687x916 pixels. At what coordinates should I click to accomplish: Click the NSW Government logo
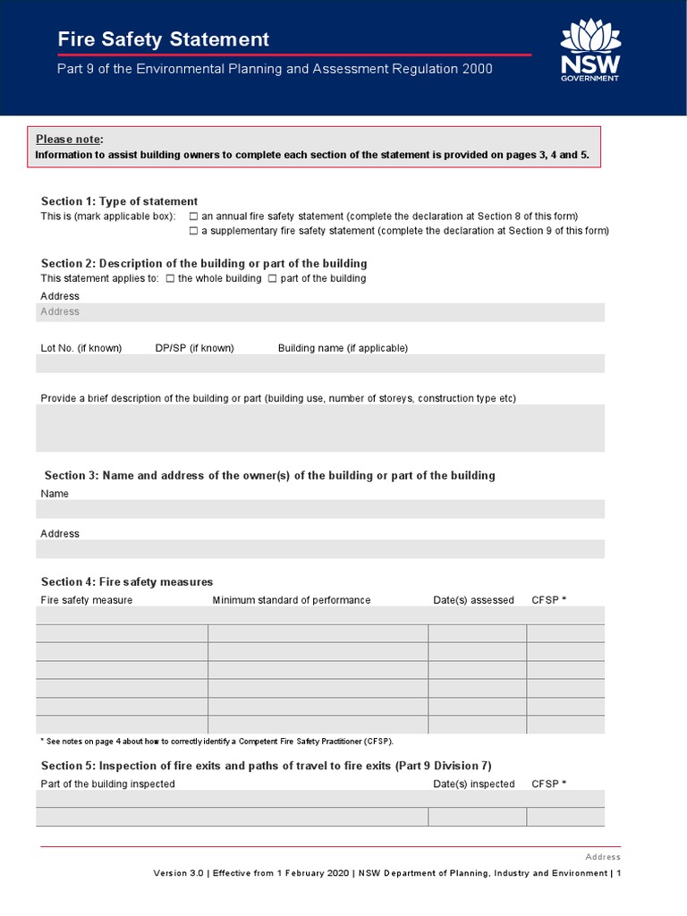click(589, 51)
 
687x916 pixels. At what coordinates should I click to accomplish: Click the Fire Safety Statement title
click(163, 39)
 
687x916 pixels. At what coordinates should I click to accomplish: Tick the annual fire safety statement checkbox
click(194, 216)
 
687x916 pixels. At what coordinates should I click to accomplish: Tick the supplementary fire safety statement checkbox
click(194, 231)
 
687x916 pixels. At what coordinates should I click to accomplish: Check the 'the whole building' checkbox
click(171, 278)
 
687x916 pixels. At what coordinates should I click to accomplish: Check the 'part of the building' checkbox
click(273, 278)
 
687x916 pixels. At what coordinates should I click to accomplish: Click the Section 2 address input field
click(320, 312)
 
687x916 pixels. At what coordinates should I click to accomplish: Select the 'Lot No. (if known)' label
click(81, 348)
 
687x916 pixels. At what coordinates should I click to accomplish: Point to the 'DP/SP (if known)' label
click(194, 348)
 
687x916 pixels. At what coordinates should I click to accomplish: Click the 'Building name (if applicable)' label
click(343, 348)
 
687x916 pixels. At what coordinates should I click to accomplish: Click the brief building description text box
click(320, 428)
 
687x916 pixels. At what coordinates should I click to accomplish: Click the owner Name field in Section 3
click(320, 509)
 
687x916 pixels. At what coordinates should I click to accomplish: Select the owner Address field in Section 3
click(320, 548)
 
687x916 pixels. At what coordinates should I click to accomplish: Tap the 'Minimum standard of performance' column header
click(291, 600)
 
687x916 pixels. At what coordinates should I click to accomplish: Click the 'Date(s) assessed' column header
click(473, 600)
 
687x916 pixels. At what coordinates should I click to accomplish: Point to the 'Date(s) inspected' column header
click(474, 784)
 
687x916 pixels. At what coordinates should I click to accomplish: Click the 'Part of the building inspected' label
click(108, 784)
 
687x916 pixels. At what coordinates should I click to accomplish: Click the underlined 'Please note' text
click(68, 140)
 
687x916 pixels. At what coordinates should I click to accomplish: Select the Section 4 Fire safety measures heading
click(127, 581)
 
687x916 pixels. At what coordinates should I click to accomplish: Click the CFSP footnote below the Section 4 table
click(217, 741)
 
